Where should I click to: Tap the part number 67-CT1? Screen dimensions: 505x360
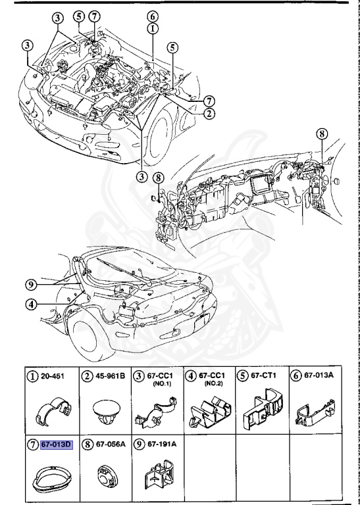267,376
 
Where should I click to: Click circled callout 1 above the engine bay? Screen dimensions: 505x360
152,28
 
